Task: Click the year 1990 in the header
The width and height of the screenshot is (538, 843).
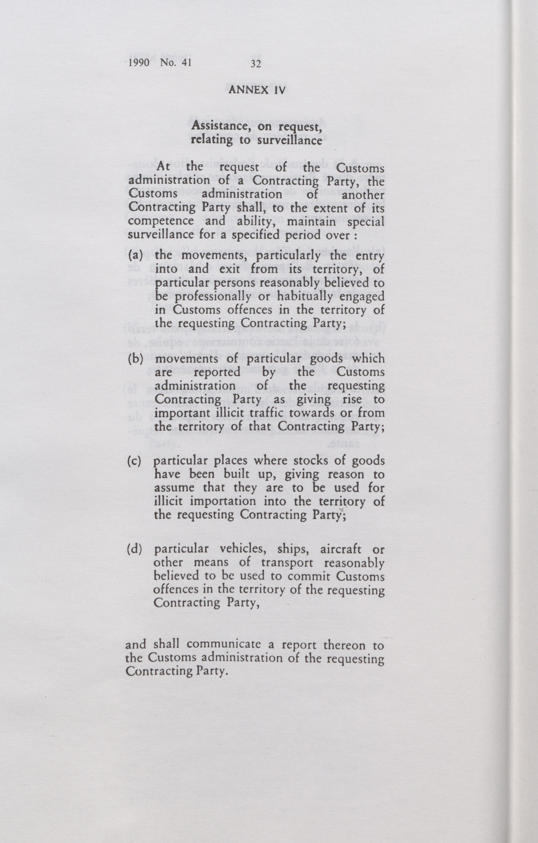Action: [139, 63]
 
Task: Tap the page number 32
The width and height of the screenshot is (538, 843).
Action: [256, 64]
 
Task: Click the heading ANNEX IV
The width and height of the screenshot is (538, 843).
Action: [257, 90]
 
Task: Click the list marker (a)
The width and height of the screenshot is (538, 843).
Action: [135, 255]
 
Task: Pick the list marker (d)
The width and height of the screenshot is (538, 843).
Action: [135, 549]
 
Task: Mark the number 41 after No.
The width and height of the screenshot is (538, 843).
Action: [184, 63]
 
